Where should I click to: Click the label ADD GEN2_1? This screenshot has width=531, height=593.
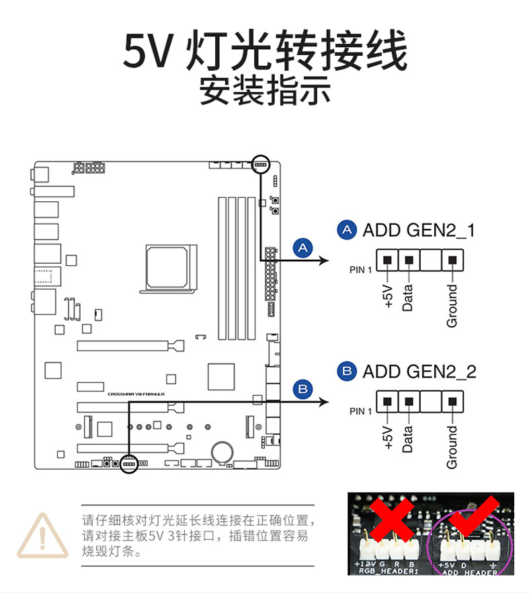[x=419, y=230]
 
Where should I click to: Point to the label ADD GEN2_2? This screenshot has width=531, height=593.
[x=419, y=371]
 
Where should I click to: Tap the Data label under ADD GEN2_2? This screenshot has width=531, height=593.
[x=407, y=438]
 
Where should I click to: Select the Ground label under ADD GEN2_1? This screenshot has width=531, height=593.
[x=452, y=306]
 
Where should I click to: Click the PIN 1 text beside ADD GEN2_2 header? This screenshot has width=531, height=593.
[x=360, y=411]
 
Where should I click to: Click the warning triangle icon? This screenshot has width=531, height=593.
[x=42, y=536]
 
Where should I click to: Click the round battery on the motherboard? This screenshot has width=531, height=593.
[x=221, y=450]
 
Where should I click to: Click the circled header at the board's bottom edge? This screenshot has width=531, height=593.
[x=129, y=464]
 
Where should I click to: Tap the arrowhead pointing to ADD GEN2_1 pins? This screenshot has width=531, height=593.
[x=323, y=260]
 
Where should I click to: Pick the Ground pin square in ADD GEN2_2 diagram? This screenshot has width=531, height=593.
[x=452, y=403]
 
